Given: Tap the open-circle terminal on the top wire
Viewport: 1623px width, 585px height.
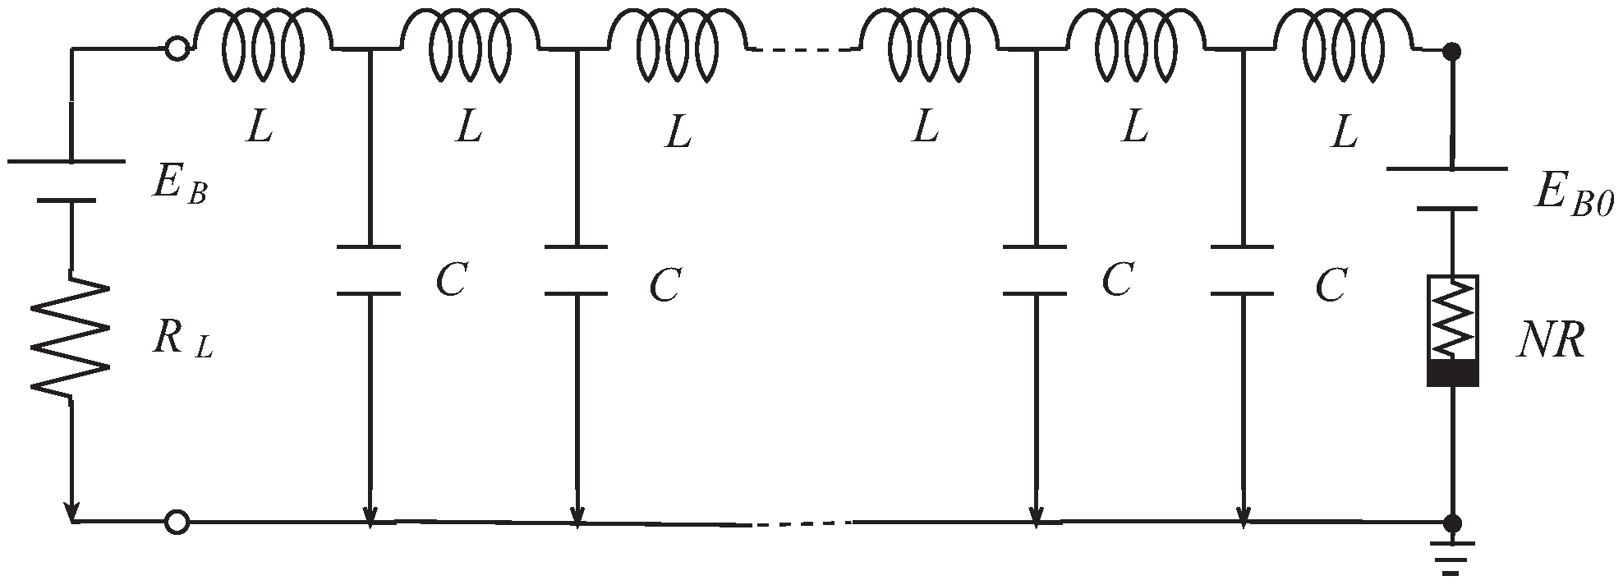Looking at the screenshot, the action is (x=177, y=49).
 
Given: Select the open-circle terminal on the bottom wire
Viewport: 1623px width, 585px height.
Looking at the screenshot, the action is (x=177, y=522).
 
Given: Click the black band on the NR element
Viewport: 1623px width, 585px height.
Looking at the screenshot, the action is (x=1452, y=374).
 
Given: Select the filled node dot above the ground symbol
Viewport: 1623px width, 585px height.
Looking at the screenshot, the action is (x=1452, y=523).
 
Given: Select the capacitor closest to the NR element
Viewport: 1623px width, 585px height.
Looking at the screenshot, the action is (x=1244, y=269).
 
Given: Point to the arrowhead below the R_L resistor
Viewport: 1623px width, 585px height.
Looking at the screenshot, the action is (x=72, y=512).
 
